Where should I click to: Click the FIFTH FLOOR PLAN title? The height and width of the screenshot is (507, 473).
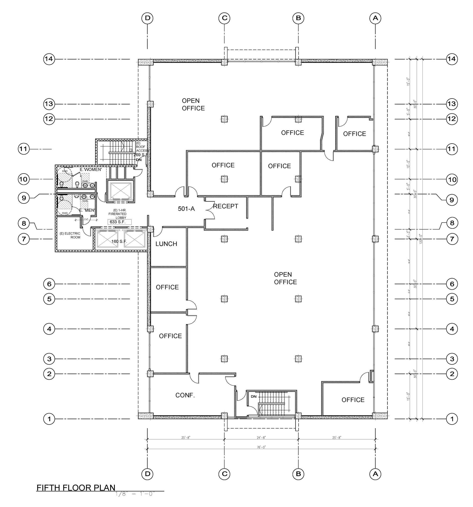(76, 488)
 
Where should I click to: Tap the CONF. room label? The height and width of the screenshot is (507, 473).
(185, 395)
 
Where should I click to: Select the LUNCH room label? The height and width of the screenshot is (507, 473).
(166, 244)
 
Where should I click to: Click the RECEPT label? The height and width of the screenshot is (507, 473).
(225, 206)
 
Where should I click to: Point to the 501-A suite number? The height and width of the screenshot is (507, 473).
(186, 209)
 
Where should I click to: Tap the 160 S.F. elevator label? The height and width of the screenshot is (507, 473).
(119, 241)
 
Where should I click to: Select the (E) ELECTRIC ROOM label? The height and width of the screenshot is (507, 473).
(70, 235)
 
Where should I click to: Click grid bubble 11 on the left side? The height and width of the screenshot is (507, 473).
(24, 149)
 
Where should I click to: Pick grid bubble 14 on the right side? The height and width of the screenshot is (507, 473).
(451, 59)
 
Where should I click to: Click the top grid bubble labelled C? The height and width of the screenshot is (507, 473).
(224, 18)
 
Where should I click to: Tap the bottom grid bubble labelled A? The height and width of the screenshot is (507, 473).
(375, 474)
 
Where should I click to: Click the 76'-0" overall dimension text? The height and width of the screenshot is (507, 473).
(261, 447)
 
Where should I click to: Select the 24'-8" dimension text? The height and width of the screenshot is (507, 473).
(261, 437)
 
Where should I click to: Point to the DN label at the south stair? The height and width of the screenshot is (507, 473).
(253, 396)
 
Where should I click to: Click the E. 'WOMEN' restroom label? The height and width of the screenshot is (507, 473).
(91, 170)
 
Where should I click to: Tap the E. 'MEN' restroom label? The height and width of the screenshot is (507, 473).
(87, 210)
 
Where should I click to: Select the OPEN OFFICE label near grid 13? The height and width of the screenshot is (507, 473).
(193, 104)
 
